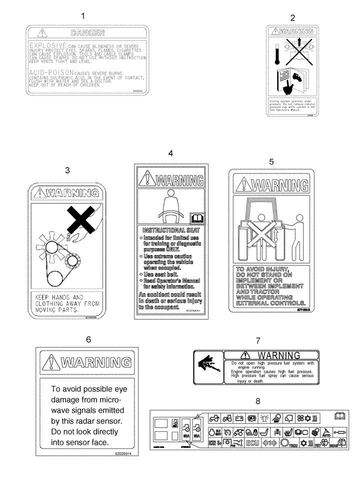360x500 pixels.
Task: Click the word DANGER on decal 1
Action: pyautogui.click(x=87, y=33)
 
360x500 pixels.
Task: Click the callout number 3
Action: pyautogui.click(x=67, y=170)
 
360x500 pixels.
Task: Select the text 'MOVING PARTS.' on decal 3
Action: pyautogui.click(x=55, y=310)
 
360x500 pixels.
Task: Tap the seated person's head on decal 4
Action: pyautogui.click(x=170, y=192)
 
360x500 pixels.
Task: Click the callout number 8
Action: pyautogui.click(x=257, y=400)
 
